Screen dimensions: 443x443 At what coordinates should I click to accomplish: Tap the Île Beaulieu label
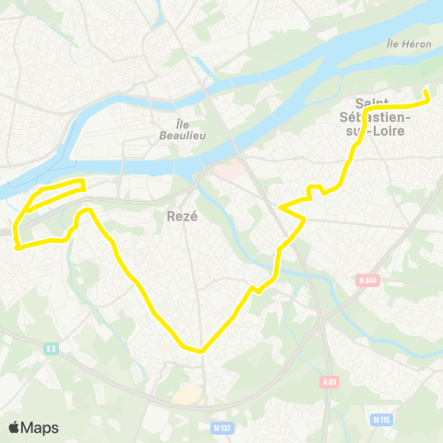(x=189, y=128)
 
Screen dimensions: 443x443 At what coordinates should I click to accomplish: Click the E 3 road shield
(x=51, y=348)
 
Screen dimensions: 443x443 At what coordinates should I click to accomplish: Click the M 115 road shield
(x=381, y=420)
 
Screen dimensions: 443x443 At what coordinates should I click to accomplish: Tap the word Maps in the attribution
(x=41, y=427)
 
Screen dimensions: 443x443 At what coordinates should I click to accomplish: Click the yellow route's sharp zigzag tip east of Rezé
(x=304, y=219)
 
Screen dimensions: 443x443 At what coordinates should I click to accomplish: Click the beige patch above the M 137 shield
(x=187, y=394)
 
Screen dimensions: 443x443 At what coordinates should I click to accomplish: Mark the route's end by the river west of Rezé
(x=84, y=182)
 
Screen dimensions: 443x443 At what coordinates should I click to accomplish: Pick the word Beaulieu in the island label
(x=189, y=135)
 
